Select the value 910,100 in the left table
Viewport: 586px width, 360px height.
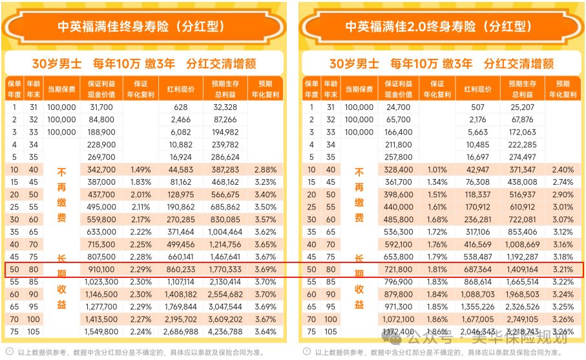(101, 269)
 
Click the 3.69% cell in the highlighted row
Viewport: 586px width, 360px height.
(265, 269)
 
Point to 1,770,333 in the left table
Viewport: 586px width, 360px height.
(225, 269)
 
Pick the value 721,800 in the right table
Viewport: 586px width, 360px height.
(398, 269)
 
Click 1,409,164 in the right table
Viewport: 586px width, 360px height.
(522, 269)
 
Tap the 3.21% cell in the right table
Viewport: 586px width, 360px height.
(563, 269)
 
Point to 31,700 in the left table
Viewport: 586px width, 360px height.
(101, 107)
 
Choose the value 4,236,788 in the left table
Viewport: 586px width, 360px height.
(225, 332)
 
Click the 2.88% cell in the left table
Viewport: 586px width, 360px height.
(265, 169)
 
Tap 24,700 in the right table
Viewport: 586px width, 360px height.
(398, 107)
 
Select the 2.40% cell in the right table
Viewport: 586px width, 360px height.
(563, 169)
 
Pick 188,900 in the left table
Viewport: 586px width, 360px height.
(101, 132)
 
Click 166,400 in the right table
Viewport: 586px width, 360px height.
(398, 132)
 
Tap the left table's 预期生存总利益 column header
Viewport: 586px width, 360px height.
(225, 89)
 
